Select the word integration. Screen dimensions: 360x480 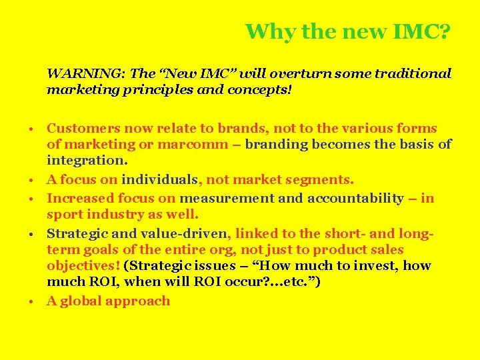85,161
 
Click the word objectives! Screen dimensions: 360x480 83,266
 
